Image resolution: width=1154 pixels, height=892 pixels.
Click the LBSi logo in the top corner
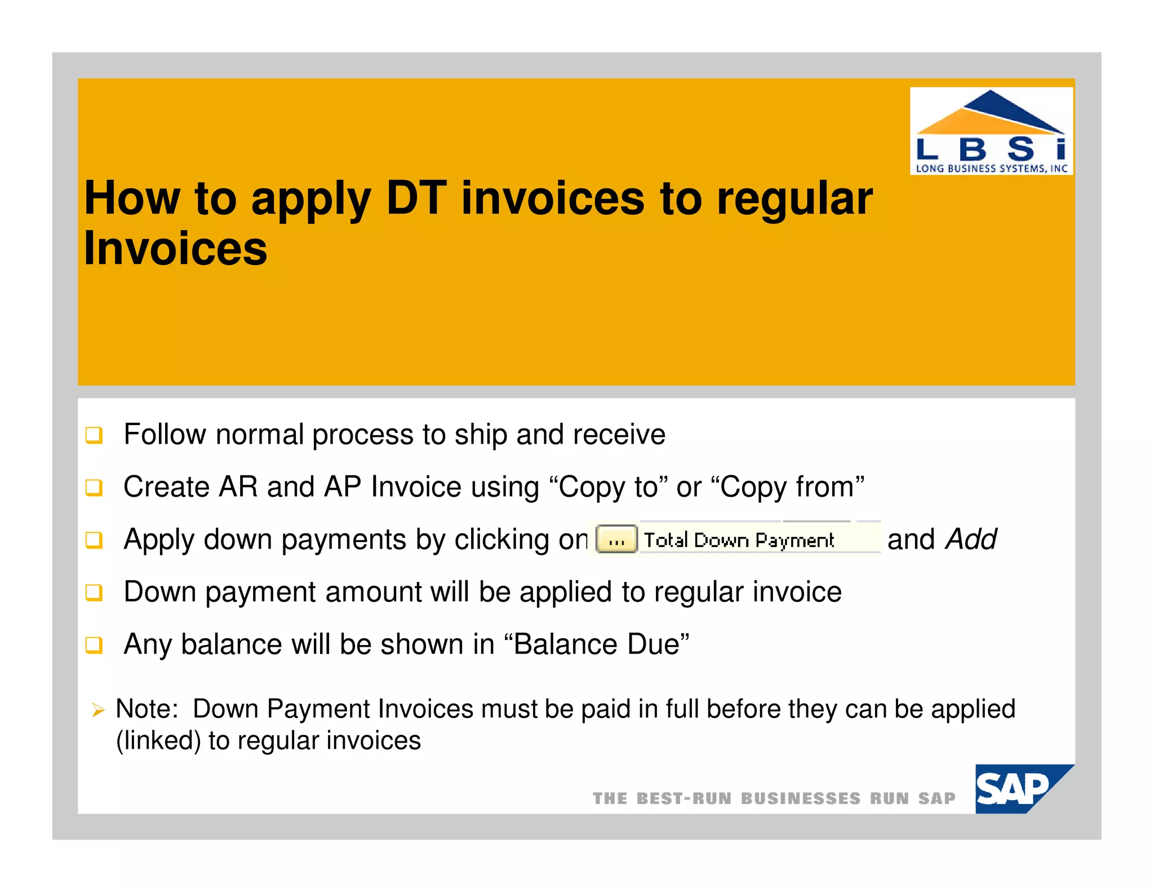991,131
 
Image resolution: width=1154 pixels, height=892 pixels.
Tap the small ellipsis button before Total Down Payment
616,540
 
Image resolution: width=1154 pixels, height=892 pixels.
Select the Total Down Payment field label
739,540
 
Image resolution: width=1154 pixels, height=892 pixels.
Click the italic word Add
971,539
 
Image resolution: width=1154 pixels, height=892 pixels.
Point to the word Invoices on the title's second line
175,249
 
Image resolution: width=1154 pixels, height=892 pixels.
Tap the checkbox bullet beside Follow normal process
94,435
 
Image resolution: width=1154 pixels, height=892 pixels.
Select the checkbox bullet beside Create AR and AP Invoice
94,488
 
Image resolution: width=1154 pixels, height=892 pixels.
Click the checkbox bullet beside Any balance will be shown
94,645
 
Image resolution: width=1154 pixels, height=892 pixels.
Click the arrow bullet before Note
98,710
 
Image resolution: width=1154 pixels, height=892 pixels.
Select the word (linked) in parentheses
158,741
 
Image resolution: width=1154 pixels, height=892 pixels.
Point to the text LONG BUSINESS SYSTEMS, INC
991,168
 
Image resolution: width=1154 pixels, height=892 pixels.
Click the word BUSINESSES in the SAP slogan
800,798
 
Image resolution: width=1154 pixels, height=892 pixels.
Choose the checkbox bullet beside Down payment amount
94,593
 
